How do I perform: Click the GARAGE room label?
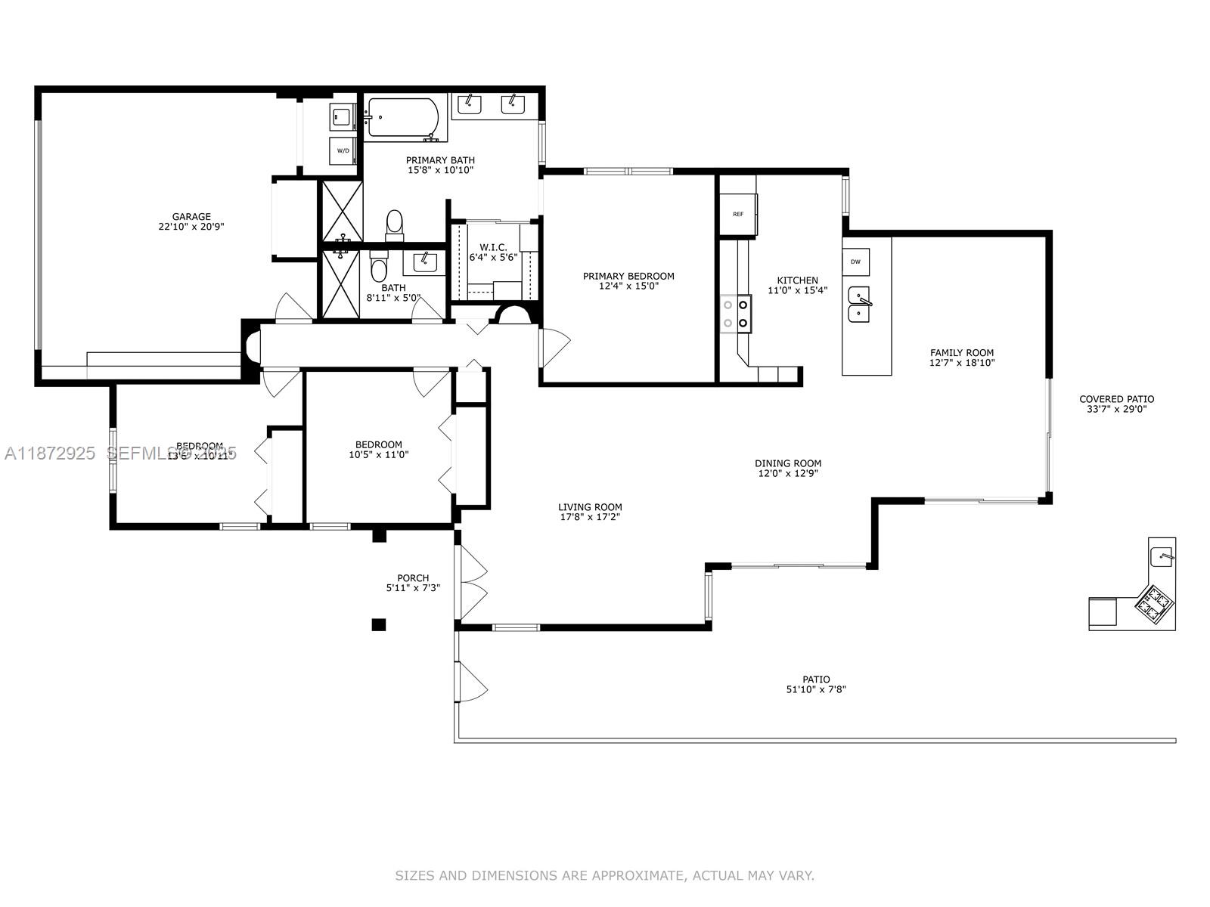(191, 217)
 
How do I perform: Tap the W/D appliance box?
(343, 150)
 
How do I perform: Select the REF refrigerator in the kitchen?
(738, 214)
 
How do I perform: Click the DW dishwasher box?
(855, 262)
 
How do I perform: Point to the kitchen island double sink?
(859, 305)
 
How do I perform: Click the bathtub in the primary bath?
(402, 119)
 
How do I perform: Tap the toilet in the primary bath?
(394, 224)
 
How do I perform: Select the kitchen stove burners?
(736, 314)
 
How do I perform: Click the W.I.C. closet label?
(493, 248)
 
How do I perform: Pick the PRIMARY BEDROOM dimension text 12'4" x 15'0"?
(628, 286)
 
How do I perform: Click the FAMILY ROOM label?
(962, 353)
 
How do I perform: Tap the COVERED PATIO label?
(1116, 399)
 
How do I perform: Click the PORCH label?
(413, 578)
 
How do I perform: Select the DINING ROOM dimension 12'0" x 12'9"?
(788, 474)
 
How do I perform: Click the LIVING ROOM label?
(590, 507)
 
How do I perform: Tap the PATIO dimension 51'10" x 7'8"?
(816, 689)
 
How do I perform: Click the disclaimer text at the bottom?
(604, 876)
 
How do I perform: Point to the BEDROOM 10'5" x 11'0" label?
(379, 444)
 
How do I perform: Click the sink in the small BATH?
(423, 262)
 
